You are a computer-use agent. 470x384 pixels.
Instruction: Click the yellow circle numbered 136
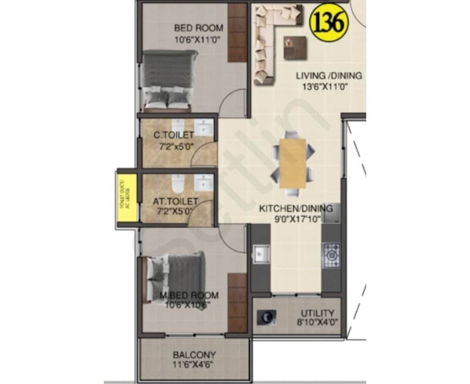pyautogui.click(x=329, y=22)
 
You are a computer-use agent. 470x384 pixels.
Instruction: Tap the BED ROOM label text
pyautogui.click(x=198, y=28)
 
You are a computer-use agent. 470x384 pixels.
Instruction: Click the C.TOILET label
pyautogui.click(x=174, y=135)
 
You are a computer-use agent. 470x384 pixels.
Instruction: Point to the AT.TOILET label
pyautogui.click(x=175, y=202)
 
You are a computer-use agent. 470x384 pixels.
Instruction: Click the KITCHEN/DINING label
pyautogui.click(x=296, y=209)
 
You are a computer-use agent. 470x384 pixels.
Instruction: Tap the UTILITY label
pyautogui.click(x=317, y=313)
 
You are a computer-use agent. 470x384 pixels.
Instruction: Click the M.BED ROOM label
pyautogui.click(x=188, y=296)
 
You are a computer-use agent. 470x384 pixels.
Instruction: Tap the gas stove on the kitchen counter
pyautogui.click(x=331, y=255)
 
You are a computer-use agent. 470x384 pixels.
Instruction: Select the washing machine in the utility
pyautogui.click(x=266, y=317)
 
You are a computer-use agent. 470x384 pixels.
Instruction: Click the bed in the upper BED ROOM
pyautogui.click(x=168, y=80)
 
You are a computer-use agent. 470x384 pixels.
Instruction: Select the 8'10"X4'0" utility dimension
pyautogui.click(x=317, y=323)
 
